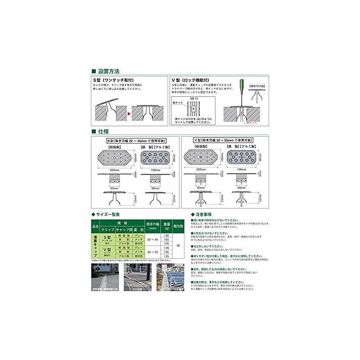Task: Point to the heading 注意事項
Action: [x=205, y=214]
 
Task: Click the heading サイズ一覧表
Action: [x=108, y=214]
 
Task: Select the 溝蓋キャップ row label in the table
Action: [x=95, y=245]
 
